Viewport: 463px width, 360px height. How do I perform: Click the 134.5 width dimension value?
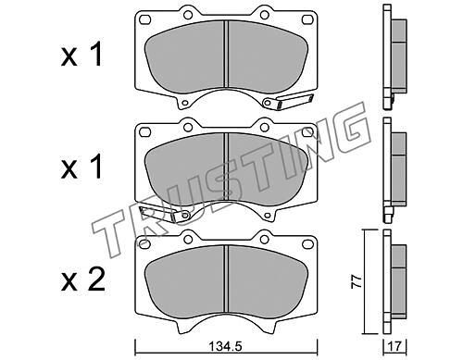pyautogui.click(x=226, y=347)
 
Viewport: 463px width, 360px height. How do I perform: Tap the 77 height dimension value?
pyautogui.click(x=357, y=281)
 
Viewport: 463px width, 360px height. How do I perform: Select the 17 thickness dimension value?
pyautogui.click(x=395, y=347)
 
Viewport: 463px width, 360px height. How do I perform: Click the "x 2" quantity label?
pyautogui.click(x=82, y=280)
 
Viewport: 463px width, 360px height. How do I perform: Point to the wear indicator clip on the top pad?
pyautogui.click(x=288, y=102)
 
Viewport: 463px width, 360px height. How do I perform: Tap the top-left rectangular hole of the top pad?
pyautogui.click(x=144, y=19)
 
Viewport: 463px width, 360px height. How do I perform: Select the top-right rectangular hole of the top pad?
pyautogui.click(x=307, y=19)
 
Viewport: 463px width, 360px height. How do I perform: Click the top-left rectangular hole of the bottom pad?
pyautogui.click(x=144, y=243)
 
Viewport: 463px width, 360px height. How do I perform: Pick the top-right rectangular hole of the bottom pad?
pyautogui.click(x=307, y=243)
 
